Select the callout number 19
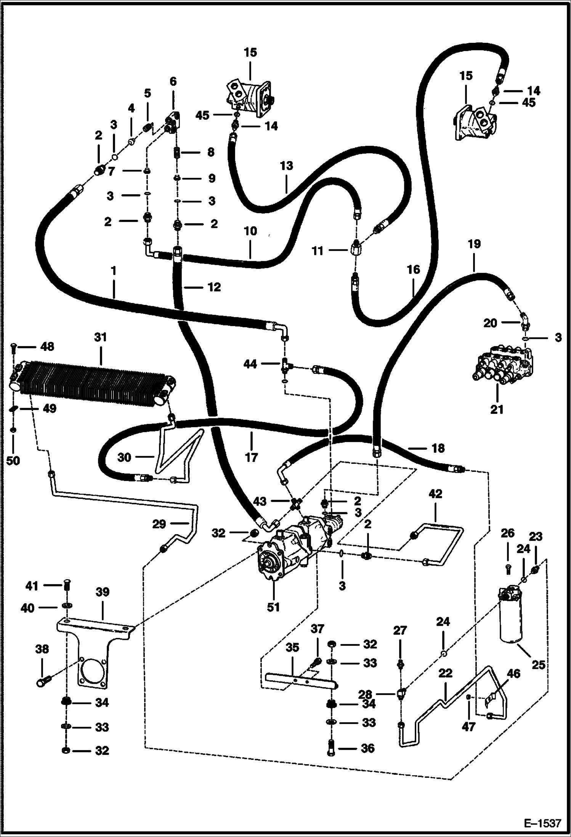474,244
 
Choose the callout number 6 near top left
173,81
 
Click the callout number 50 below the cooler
13,461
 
